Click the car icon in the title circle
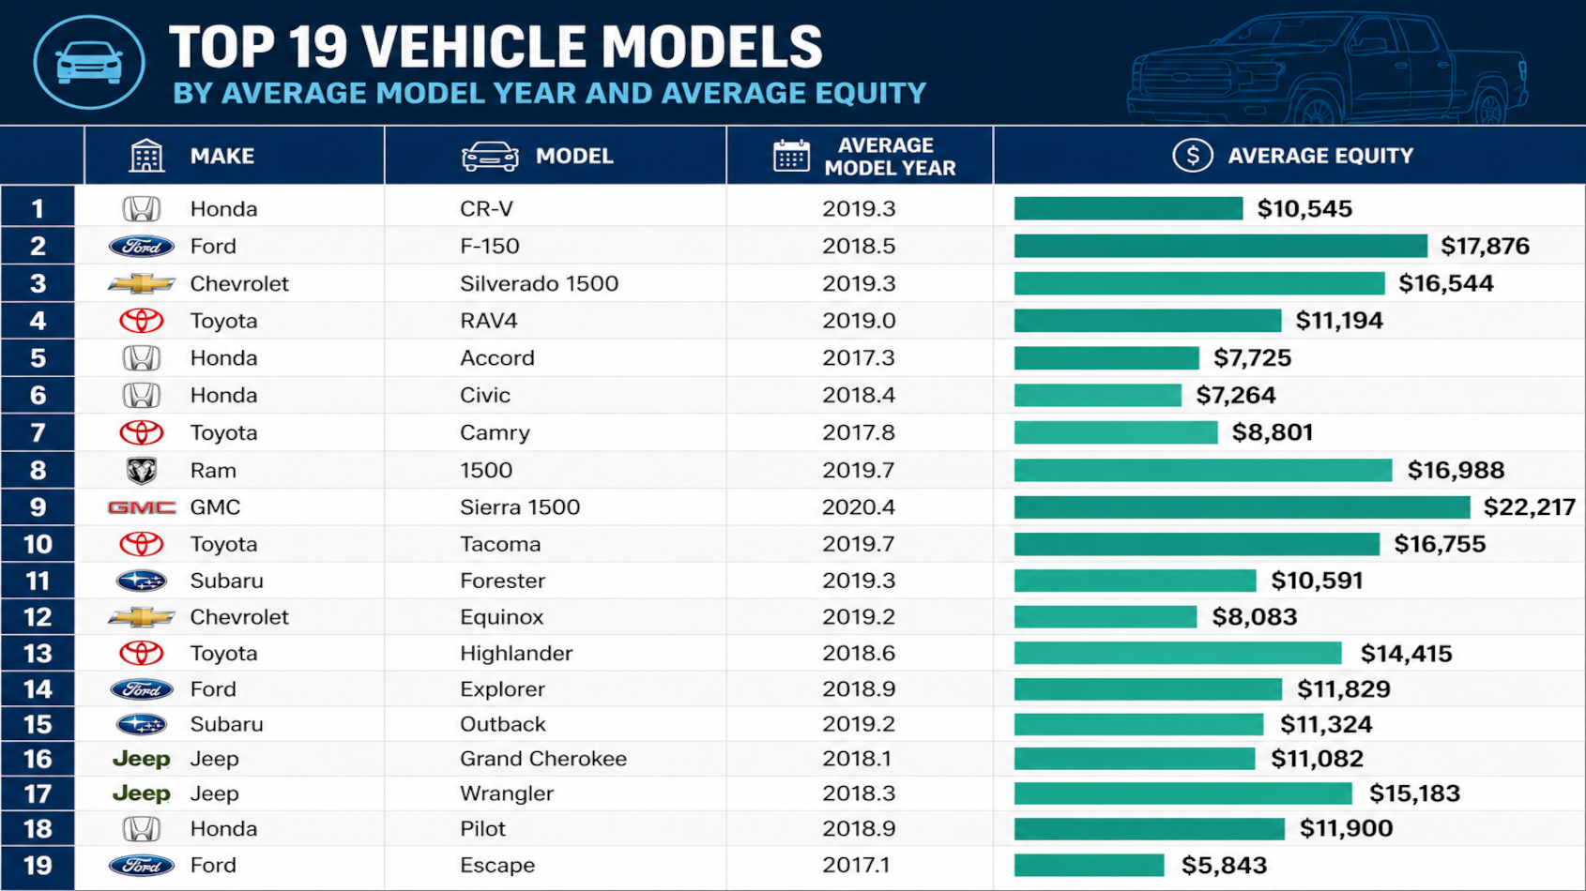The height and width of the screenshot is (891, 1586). [x=89, y=63]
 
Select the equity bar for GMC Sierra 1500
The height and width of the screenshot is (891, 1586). [x=1242, y=507]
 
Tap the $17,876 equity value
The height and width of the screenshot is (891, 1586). [x=1485, y=247]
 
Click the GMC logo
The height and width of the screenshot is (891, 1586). [x=141, y=507]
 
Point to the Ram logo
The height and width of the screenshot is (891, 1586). [x=141, y=471]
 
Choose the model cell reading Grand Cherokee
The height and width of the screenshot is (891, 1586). [x=543, y=759]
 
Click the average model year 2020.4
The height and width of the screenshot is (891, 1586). [x=858, y=507]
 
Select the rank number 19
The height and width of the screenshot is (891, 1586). [x=38, y=866]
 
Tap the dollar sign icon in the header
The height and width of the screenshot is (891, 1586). [x=1193, y=155]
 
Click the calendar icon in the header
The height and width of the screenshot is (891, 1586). [x=791, y=156]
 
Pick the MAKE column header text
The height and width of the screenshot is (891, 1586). [x=221, y=156]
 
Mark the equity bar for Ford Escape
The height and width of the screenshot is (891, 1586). [x=1089, y=866]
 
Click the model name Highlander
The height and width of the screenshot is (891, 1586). [x=516, y=653]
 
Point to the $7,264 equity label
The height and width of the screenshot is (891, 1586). [x=1236, y=395]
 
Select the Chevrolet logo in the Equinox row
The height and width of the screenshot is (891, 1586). [x=141, y=617]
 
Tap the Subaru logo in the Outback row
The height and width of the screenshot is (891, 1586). [x=141, y=724]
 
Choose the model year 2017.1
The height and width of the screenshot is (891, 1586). [x=857, y=866]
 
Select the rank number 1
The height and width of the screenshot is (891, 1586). [x=38, y=209]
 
